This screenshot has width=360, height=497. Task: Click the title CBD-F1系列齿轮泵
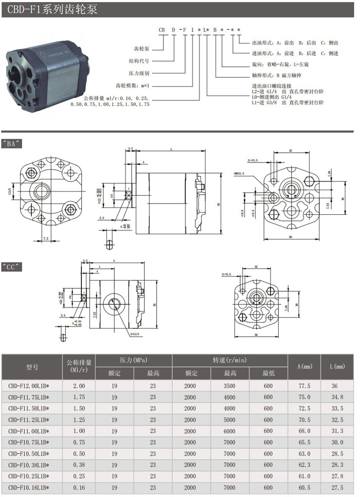pos(49,9)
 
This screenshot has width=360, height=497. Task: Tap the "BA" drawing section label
pos(12,144)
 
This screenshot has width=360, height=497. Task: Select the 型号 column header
pos(32,367)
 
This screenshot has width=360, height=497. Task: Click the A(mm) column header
pos(304,366)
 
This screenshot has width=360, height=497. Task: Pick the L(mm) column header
pos(337,366)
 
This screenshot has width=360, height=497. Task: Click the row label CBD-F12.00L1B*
pos(32,384)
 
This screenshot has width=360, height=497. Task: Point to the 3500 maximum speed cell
pos(229,384)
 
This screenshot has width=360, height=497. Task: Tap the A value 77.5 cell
pos(304,384)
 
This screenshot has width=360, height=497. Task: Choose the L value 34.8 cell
pos(337,396)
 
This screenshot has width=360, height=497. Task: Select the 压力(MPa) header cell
pos(133,360)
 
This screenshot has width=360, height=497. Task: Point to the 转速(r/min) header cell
pos(229,360)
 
